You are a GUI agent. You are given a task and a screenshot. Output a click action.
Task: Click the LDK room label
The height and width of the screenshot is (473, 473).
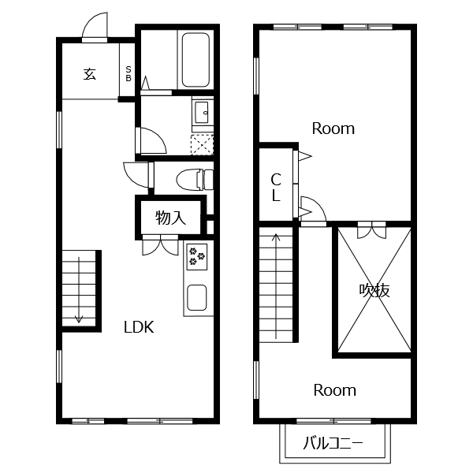coord(139,327)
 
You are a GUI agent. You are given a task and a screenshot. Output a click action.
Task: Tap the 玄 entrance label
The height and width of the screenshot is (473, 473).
coord(90,74)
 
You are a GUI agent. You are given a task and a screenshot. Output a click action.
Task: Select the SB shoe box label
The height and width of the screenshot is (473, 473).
coord(128,74)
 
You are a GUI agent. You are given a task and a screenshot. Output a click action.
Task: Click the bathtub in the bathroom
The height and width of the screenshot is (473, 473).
coord(196,60)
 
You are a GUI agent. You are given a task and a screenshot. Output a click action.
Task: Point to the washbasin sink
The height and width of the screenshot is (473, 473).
coord(202,113)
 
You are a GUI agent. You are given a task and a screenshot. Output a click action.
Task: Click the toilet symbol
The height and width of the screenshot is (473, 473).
coord(195,180)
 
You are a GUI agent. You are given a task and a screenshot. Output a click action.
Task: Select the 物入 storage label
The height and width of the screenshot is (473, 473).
coord(170,218)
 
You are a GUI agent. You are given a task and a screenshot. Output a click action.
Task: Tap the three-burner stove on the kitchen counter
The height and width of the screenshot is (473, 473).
coord(197,257)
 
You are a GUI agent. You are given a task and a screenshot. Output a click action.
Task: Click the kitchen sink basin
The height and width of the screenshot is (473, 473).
coord(196,298)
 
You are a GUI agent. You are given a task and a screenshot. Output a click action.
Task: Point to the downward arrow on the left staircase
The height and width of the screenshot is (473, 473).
coord(79,289)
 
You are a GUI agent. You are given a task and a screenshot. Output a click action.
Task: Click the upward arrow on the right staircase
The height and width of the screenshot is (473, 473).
coord(276,286)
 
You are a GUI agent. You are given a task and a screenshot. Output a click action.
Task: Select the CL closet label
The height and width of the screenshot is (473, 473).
coord(276,187)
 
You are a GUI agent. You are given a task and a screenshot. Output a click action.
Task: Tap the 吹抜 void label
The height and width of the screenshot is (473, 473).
coord(374,290)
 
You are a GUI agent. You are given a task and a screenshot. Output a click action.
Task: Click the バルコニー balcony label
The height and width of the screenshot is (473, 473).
coord(333,443)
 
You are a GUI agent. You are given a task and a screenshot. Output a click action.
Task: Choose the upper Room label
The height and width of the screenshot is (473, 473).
coord(333,128)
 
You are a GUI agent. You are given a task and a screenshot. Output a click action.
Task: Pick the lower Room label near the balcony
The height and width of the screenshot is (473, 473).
coord(335,390)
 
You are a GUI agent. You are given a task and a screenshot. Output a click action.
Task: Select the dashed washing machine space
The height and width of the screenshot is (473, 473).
coord(202,145)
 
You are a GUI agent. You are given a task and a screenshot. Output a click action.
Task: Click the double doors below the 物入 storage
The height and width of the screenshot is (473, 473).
coord(161,245)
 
